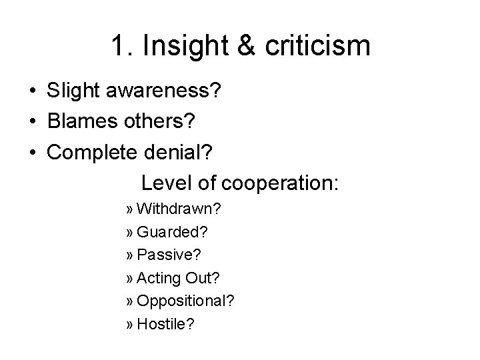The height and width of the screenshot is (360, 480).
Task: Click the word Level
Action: pyautogui.click(x=165, y=183)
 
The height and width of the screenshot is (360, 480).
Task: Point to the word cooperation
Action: pyautogui.click(x=279, y=183)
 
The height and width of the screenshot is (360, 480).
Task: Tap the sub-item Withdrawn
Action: pyautogui.click(x=179, y=209)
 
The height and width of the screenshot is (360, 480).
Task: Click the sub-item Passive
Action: pyautogui.click(x=168, y=255)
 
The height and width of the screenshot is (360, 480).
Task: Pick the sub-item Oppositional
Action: pyautogui.click(x=185, y=301)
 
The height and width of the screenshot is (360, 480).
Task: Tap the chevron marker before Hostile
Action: pyautogui.click(x=129, y=325)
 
